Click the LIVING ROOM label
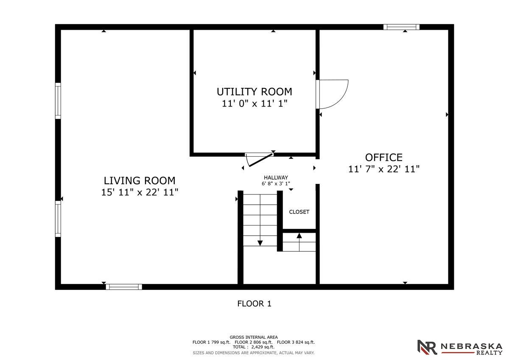pos(140,180)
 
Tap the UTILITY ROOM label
pos(254,92)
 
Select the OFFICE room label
pos(383,157)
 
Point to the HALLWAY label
pos(276,177)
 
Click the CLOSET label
pos(299,212)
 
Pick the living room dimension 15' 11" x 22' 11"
pos(140,192)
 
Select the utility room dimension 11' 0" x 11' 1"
pos(255,104)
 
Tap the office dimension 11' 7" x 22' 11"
pos(384,169)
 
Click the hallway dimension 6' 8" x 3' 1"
pos(276,184)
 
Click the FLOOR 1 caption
pos(254,304)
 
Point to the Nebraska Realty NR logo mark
pos(427,347)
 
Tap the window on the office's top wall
pos(401,27)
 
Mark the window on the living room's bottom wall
pos(124,287)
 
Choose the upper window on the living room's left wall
pos(58,101)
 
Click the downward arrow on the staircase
pos(260,242)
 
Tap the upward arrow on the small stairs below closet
pos(299,236)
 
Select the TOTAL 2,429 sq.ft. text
pos(254,347)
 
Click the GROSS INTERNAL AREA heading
pos(254,337)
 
